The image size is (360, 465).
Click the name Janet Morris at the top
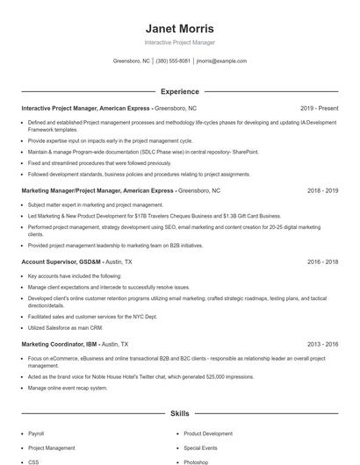[179, 28]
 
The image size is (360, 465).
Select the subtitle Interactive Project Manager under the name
[179, 42]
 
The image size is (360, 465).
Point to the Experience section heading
[179, 91]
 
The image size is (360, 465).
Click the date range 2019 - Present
[319, 109]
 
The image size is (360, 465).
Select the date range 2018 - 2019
[322, 190]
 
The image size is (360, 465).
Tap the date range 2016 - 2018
[322, 262]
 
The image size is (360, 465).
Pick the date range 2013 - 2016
[322, 345]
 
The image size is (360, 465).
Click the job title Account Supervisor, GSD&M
[60, 262]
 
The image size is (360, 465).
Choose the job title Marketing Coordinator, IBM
[60, 345]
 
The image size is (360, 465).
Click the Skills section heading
[179, 412]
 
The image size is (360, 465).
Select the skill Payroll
[36, 433]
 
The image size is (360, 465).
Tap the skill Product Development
[208, 433]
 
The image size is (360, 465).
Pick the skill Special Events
[200, 447]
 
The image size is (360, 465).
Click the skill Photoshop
[196, 461]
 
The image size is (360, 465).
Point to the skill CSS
[33, 461]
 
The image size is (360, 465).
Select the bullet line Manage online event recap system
[68, 387]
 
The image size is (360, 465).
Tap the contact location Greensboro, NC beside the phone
[132, 61]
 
